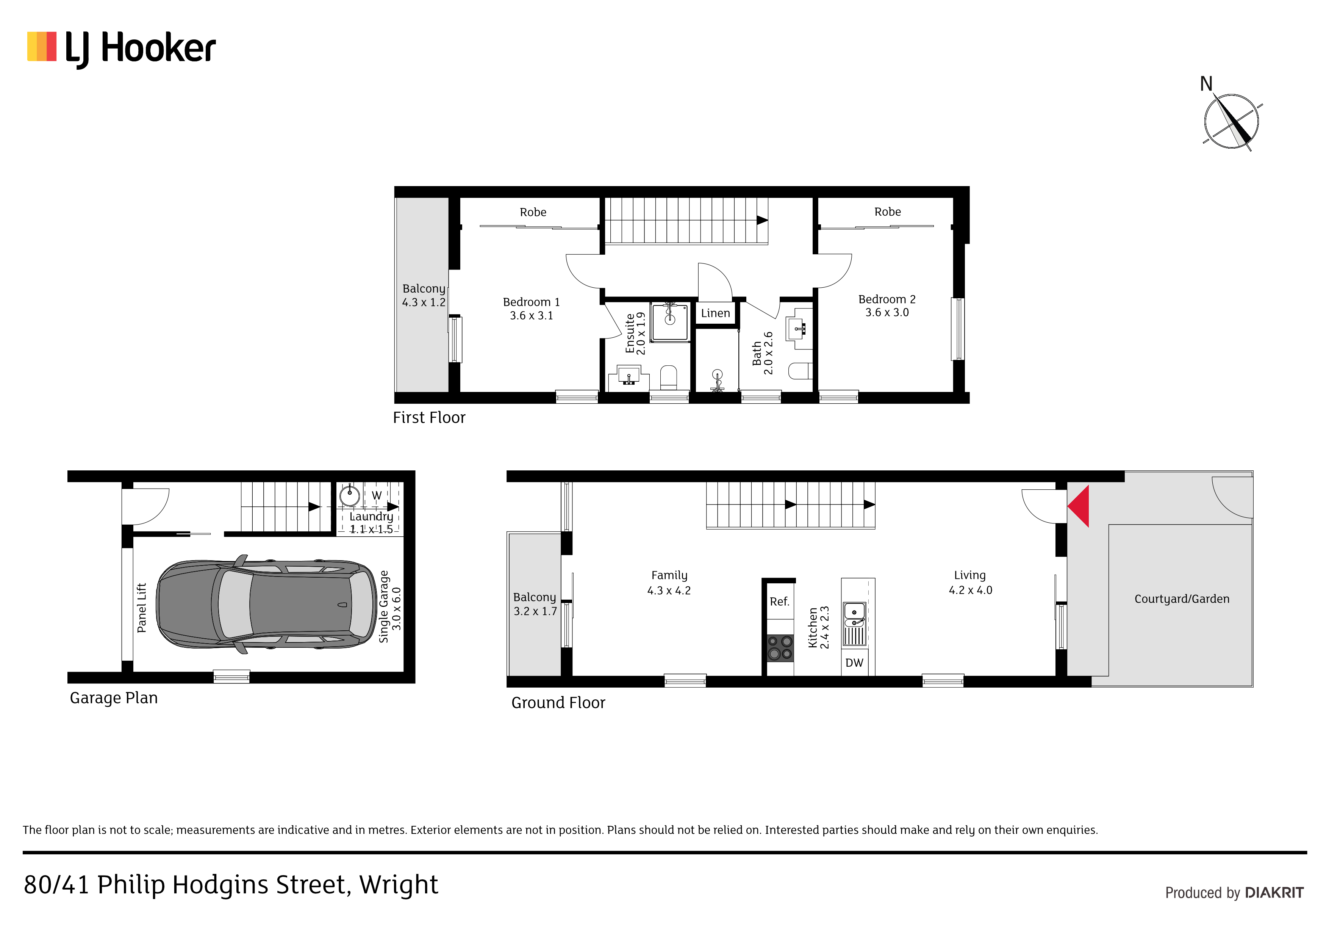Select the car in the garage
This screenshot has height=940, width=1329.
click(x=267, y=605)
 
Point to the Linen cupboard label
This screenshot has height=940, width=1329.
click(x=715, y=313)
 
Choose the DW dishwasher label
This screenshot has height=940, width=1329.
click(x=854, y=663)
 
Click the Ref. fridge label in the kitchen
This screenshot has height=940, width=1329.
click(x=780, y=602)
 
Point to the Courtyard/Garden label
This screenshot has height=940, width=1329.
click(x=1181, y=599)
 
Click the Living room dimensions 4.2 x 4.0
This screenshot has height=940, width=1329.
click(x=970, y=590)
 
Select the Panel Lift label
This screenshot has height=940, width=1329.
click(x=142, y=608)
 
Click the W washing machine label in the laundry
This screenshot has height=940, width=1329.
click(x=377, y=496)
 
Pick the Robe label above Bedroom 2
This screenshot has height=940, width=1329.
click(x=887, y=212)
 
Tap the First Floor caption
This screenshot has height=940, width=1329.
click(x=429, y=418)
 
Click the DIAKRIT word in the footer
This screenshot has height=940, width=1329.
click(x=1274, y=893)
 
